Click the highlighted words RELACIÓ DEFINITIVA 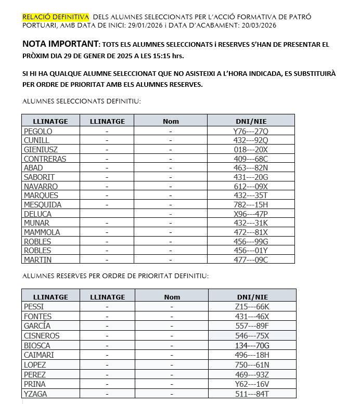56,17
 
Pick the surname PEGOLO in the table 38,131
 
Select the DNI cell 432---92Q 251,140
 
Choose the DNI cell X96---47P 251,214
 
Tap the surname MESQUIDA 43,205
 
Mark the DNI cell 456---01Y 251,251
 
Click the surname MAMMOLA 42,232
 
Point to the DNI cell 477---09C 251,260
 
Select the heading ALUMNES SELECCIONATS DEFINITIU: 82,102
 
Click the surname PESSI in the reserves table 34,307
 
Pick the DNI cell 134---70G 252,346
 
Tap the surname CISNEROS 42,336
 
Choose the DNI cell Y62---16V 252,384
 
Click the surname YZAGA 36,394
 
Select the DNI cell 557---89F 252,326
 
